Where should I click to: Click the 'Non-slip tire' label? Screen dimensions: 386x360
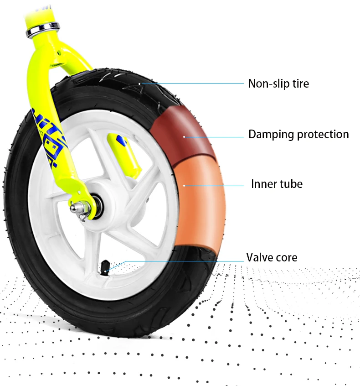tap(278, 83)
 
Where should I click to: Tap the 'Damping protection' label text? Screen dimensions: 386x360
tap(298, 135)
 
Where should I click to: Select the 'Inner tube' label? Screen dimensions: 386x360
tap(277, 184)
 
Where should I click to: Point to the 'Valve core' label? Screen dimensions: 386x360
tap(272, 257)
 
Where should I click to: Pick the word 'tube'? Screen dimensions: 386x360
tap(290, 184)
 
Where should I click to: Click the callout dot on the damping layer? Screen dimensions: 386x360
tap(184, 136)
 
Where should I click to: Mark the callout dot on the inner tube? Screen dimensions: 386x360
tap(184, 185)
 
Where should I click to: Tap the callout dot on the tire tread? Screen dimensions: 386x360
tap(141, 83)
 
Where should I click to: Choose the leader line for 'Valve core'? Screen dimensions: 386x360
tap(182, 261)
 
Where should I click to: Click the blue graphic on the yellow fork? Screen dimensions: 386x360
tap(50, 137)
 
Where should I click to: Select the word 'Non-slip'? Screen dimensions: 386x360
tap(264, 83)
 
